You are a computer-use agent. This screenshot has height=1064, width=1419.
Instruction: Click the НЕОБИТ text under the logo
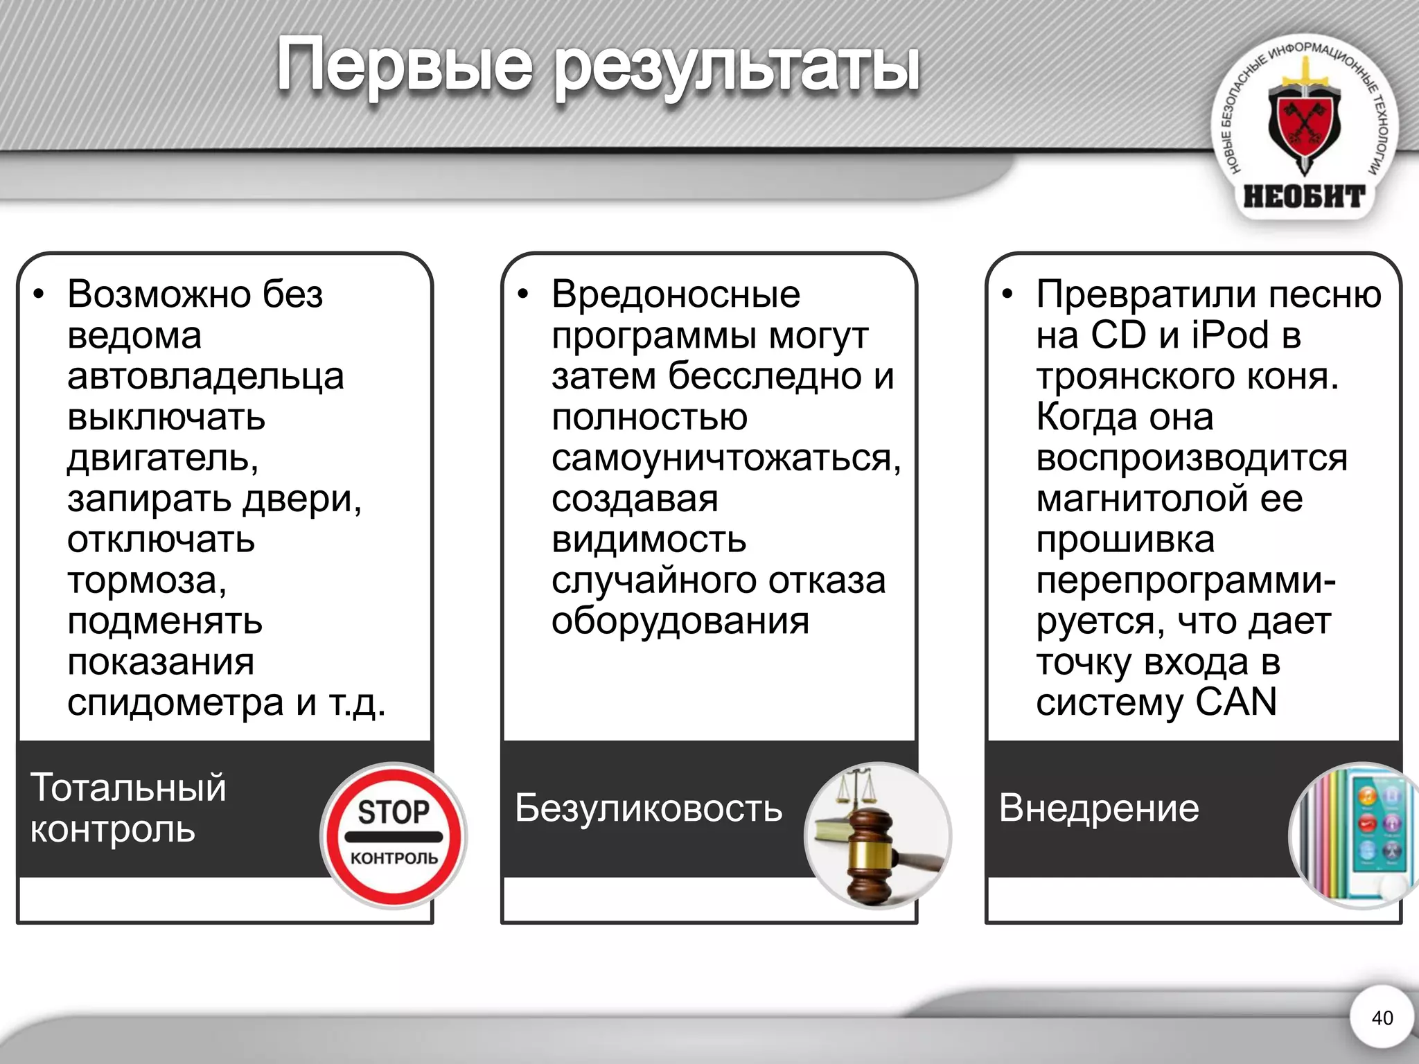1304,197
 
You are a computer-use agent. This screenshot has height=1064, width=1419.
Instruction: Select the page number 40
1382,1018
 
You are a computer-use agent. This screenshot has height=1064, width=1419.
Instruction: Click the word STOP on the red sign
394,812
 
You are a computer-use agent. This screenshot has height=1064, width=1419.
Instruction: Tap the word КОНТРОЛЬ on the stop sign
394,858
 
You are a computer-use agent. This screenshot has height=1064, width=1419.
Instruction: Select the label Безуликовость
649,808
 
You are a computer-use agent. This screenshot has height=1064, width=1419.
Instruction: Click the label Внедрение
1099,808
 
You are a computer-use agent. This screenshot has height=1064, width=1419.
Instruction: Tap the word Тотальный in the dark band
128,788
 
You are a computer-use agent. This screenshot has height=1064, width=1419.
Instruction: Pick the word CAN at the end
1236,702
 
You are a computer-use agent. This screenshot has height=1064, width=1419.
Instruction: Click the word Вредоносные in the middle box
676,294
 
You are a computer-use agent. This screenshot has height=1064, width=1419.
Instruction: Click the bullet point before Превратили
1007,294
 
